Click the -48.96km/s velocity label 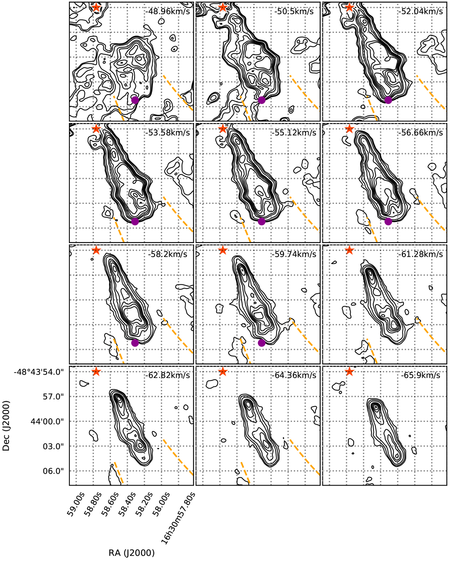[168, 12]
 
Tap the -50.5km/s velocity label [294, 12]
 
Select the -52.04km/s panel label [420, 12]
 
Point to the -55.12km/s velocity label [294, 133]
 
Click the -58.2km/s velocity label [168, 254]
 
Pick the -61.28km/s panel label [420, 254]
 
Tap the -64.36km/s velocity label [294, 375]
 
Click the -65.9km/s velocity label [420, 375]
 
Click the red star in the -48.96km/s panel [96, 7]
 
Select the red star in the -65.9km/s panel [349, 371]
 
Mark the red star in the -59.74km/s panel [223, 250]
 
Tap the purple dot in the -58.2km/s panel [135, 343]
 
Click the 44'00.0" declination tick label [47, 421]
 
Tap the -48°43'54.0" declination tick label [39, 371]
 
